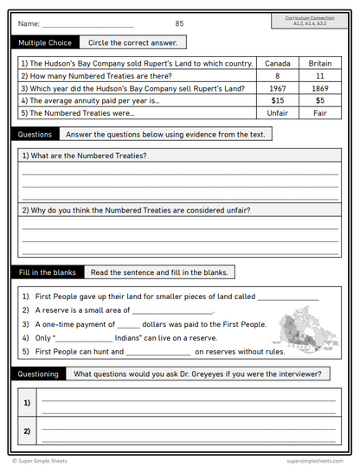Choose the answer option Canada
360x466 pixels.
pos(277,63)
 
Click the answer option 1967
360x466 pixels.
pos(277,88)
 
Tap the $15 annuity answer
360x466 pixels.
pos(277,100)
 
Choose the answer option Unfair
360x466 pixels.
pos(277,113)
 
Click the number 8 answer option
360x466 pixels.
pos(277,76)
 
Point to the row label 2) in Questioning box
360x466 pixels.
pos(27,430)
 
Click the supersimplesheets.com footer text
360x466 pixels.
pos(316,460)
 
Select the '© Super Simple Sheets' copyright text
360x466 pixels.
pos(41,460)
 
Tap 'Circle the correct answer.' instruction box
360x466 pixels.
pos(132,42)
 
